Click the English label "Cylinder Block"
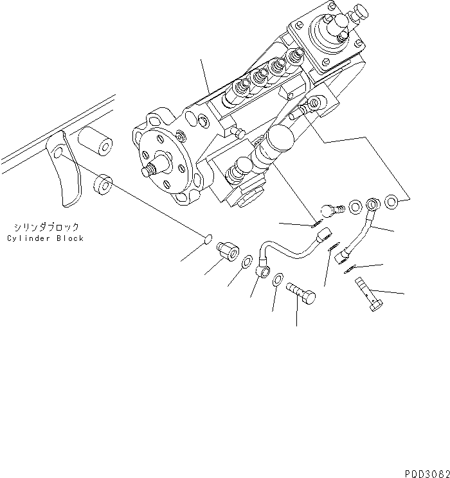pos(46,238)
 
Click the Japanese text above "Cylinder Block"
pos(46,227)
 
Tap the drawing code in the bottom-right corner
pos(427,472)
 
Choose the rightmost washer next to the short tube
pos(392,204)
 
